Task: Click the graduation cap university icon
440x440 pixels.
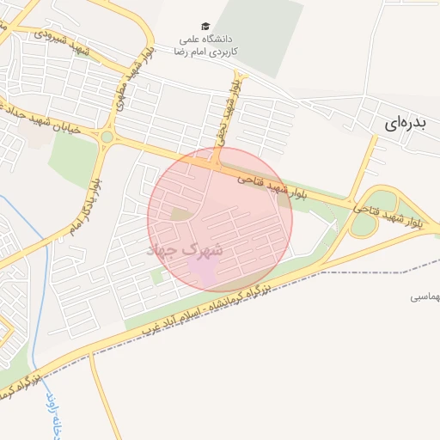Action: click(205, 27)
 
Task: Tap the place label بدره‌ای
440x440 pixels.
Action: click(401, 123)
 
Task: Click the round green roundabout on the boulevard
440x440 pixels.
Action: click(107, 137)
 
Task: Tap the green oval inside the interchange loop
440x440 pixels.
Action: click(364, 225)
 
